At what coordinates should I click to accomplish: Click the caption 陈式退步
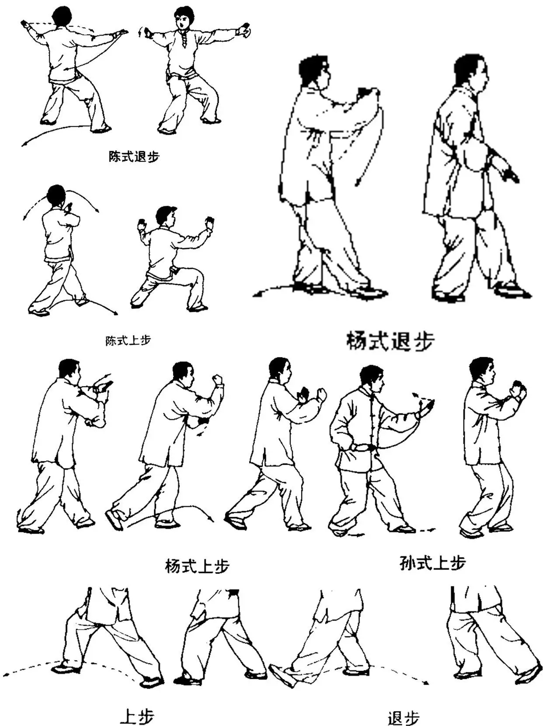tap(134, 156)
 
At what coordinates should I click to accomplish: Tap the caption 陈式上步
tap(128, 340)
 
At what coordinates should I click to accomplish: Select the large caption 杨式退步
tap(390, 341)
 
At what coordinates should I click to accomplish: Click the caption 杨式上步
tap(197, 566)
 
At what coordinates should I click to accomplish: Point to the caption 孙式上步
tap(432, 563)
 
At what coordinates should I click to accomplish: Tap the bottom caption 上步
tap(137, 716)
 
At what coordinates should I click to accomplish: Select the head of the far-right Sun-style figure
tap(482, 371)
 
